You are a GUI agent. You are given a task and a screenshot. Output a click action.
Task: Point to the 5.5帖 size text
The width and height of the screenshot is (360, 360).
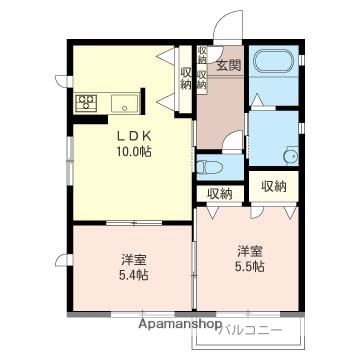250,267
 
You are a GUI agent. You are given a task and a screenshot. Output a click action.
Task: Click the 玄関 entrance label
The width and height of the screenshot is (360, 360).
227,66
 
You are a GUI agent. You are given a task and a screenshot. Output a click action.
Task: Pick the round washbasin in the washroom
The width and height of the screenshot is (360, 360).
291,155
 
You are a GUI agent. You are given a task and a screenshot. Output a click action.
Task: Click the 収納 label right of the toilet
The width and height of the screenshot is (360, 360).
273,186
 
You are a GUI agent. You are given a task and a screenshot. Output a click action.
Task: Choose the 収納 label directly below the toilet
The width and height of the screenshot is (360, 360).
220,193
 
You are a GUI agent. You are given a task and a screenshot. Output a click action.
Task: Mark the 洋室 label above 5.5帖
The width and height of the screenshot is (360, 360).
250,250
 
